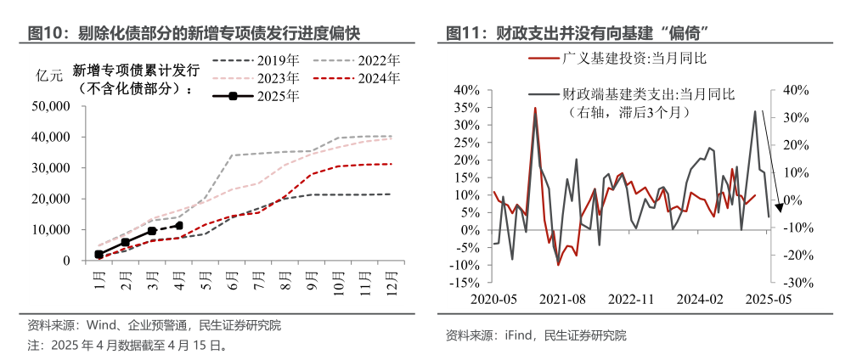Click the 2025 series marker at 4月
point(178,226)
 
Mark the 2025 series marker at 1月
point(99,255)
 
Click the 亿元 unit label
point(49,75)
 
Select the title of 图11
point(578,33)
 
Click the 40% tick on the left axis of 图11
point(468,89)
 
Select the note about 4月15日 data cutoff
point(127,346)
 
